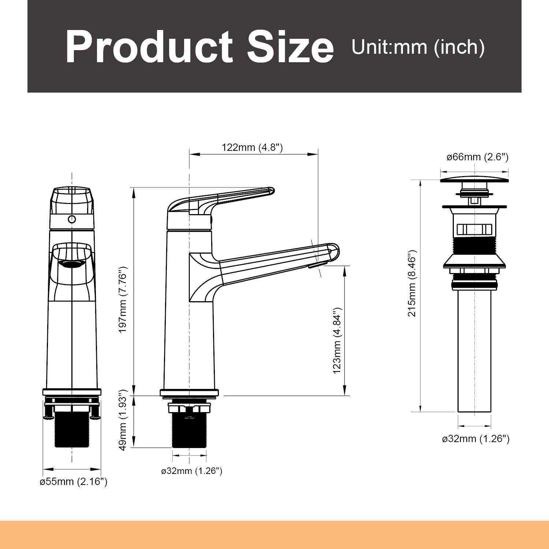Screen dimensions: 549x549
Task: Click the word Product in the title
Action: click(148, 48)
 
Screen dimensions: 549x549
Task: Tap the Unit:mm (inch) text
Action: click(418, 47)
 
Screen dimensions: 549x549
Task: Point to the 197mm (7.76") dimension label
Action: click(123, 299)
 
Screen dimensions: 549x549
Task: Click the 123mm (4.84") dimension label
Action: click(337, 340)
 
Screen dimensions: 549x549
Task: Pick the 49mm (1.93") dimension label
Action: click(123, 425)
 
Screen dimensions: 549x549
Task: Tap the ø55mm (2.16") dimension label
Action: click(73, 482)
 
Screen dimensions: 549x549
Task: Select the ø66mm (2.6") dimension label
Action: click(477, 157)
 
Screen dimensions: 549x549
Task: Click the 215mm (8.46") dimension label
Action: click(412, 284)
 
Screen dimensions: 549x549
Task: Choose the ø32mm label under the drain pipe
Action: click(475, 438)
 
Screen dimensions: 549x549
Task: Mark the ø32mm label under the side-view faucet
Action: click(191, 471)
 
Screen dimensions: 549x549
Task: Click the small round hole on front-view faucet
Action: click(72, 220)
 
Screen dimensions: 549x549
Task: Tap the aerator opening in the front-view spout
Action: click(72, 264)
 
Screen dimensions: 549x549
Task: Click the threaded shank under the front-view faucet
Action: click(72, 430)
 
